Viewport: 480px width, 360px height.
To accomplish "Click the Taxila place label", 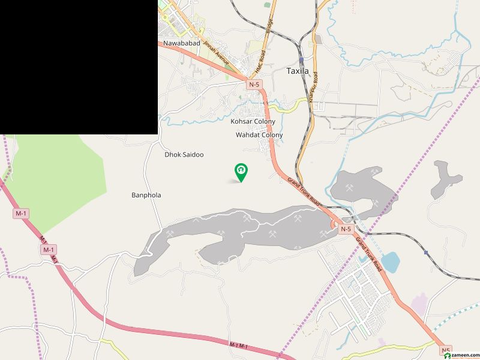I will point(298,71).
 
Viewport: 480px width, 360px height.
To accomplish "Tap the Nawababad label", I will point(181,44).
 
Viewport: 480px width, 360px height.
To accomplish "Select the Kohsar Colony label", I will point(253,122).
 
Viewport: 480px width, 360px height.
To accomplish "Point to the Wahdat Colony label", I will point(259,136).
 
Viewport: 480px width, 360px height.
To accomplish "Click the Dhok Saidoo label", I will point(184,155).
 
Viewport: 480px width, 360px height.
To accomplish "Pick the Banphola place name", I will point(146,195).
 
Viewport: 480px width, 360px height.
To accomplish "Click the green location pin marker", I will point(241,172).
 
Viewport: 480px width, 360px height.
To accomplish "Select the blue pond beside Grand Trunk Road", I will point(390,262).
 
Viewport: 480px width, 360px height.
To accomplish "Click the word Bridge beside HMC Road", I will point(269,26).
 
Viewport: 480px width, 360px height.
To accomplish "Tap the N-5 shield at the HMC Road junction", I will point(254,85).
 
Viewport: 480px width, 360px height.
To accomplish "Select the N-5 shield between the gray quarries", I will point(346,229).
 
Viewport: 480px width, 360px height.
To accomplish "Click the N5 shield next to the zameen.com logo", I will point(445,350).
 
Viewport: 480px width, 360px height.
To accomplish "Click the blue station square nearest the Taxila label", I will point(301,60).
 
